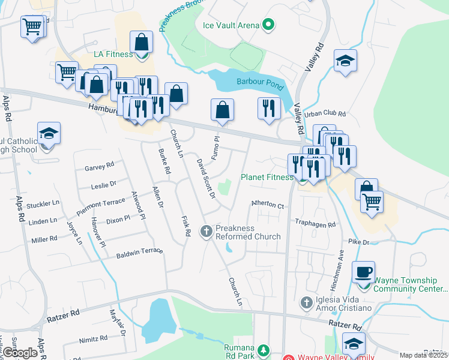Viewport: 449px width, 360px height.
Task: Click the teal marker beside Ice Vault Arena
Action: (x=268, y=25)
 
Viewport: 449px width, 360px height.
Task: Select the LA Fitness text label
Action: (x=113, y=55)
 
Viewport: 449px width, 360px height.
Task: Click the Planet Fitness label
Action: (x=267, y=177)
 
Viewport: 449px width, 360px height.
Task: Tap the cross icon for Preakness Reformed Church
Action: (x=206, y=230)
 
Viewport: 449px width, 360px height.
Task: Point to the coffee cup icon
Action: (x=363, y=272)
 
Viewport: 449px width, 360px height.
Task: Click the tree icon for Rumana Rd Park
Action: (x=262, y=349)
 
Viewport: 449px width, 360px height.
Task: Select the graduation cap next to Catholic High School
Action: (x=49, y=133)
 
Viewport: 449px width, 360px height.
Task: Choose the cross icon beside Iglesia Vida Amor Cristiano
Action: (x=306, y=301)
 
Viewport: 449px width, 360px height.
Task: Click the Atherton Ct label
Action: (x=267, y=205)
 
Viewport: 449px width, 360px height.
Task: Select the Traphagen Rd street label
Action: (x=315, y=222)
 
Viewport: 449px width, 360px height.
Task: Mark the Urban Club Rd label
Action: (x=325, y=113)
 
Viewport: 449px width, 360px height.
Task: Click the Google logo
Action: (x=20, y=353)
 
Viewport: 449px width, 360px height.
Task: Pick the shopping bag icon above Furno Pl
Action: (x=222, y=110)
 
